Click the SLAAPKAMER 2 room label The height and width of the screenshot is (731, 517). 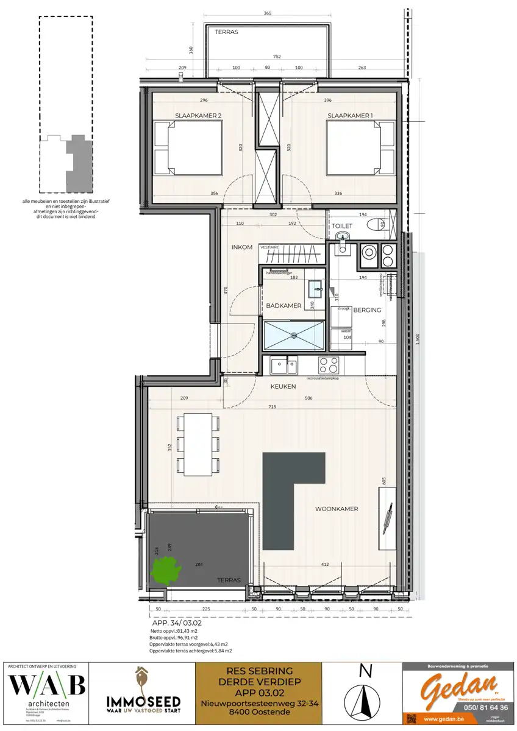coord(198,116)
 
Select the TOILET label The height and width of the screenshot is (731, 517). coord(343,226)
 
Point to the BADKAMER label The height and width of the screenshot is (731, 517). coord(283,306)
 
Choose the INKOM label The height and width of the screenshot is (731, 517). coord(241,248)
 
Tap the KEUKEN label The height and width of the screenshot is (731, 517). coord(283,386)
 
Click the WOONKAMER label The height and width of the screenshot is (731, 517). coord(336,509)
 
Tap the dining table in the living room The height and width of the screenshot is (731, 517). coord(195,443)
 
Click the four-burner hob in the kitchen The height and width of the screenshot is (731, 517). coord(330,365)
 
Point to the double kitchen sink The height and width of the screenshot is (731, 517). coord(283,365)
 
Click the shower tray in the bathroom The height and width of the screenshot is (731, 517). coord(294,334)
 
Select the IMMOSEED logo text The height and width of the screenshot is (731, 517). coord(143,701)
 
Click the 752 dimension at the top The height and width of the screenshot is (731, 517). coord(277,56)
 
